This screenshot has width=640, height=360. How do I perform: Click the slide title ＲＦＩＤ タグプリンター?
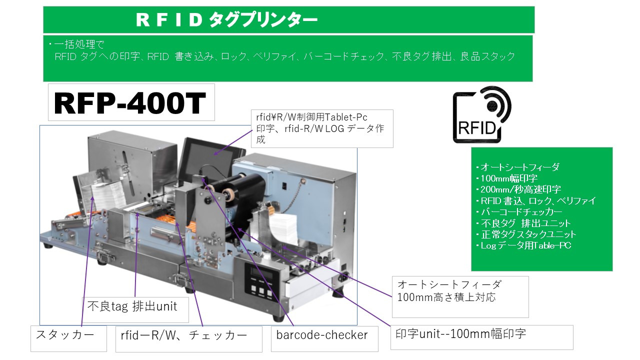pyautogui.click(x=227, y=20)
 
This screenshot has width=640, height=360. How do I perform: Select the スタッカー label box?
pyautogui.click(x=68, y=337)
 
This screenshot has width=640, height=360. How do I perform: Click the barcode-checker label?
pyautogui.click(x=321, y=335)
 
